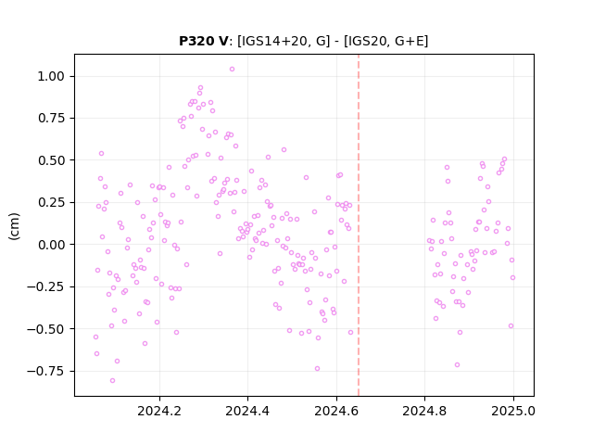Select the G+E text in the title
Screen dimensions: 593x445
click(x=410, y=41)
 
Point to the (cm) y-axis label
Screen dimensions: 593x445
click(x=14, y=226)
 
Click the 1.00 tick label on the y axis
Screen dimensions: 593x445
click(x=51, y=76)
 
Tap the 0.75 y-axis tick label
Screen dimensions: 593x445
click(x=51, y=119)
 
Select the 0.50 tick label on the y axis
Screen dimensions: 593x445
click(x=51, y=160)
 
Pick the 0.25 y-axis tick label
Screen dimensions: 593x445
click(x=51, y=202)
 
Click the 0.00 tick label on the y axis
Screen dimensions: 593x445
click(x=51, y=245)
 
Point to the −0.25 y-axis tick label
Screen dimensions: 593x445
click(x=45, y=286)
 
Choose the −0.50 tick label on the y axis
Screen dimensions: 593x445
click(x=45, y=329)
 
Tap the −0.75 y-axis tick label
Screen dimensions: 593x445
click(x=45, y=371)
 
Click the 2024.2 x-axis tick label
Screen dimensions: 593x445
click(x=159, y=411)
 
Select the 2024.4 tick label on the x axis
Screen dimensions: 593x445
click(x=247, y=411)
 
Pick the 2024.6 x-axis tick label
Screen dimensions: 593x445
click(x=336, y=411)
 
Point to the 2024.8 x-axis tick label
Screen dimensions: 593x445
click(x=424, y=411)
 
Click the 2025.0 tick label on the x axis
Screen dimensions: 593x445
click(x=513, y=411)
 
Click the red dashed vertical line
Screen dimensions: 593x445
click(x=359, y=225)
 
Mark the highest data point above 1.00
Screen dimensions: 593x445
click(x=232, y=70)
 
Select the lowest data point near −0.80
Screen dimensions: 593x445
click(x=112, y=381)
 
